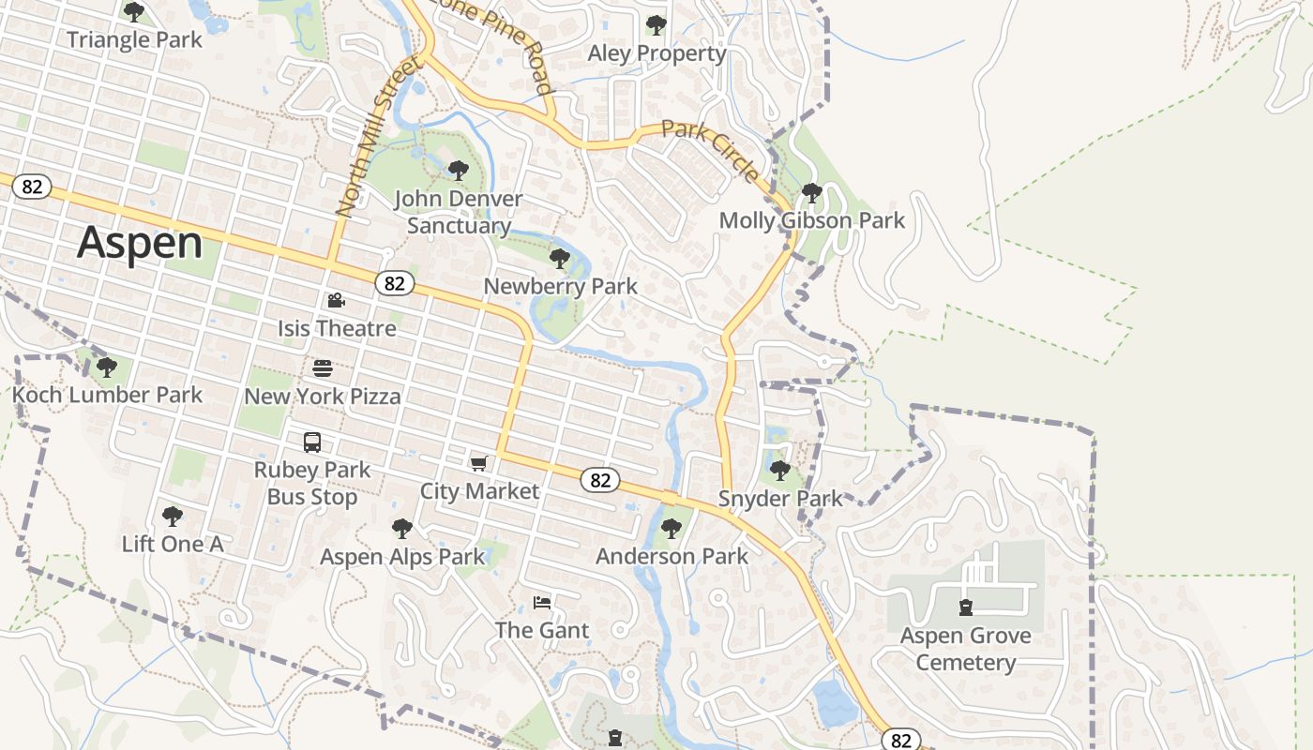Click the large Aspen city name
coord(140,243)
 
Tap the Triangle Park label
coord(134,39)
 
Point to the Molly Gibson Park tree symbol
coord(812,193)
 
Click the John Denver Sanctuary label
coord(459,212)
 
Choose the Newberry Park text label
coord(560,286)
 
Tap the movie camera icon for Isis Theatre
coord(336,301)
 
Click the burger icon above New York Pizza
coord(323,368)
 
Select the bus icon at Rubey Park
coord(312,442)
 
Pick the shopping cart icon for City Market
coord(479,463)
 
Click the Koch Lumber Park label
coord(107,395)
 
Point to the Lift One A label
coord(173,544)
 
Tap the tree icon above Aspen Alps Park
coord(402,529)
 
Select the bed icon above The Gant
coord(542,602)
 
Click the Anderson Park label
coord(672,556)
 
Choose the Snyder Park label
coord(780,498)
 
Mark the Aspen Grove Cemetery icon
coord(966,607)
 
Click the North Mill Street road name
coord(376,137)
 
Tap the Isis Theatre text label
coord(337,328)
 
